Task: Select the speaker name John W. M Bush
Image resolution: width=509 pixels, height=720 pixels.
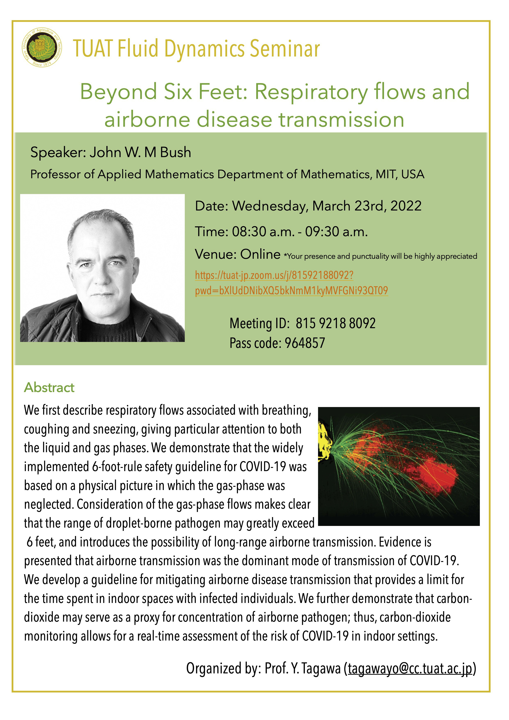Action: tap(140, 152)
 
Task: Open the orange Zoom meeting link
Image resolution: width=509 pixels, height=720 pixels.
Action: tap(291, 283)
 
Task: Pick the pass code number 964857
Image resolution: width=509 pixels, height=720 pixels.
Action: tap(305, 343)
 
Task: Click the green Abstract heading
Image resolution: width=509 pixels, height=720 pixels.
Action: tap(49, 388)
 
